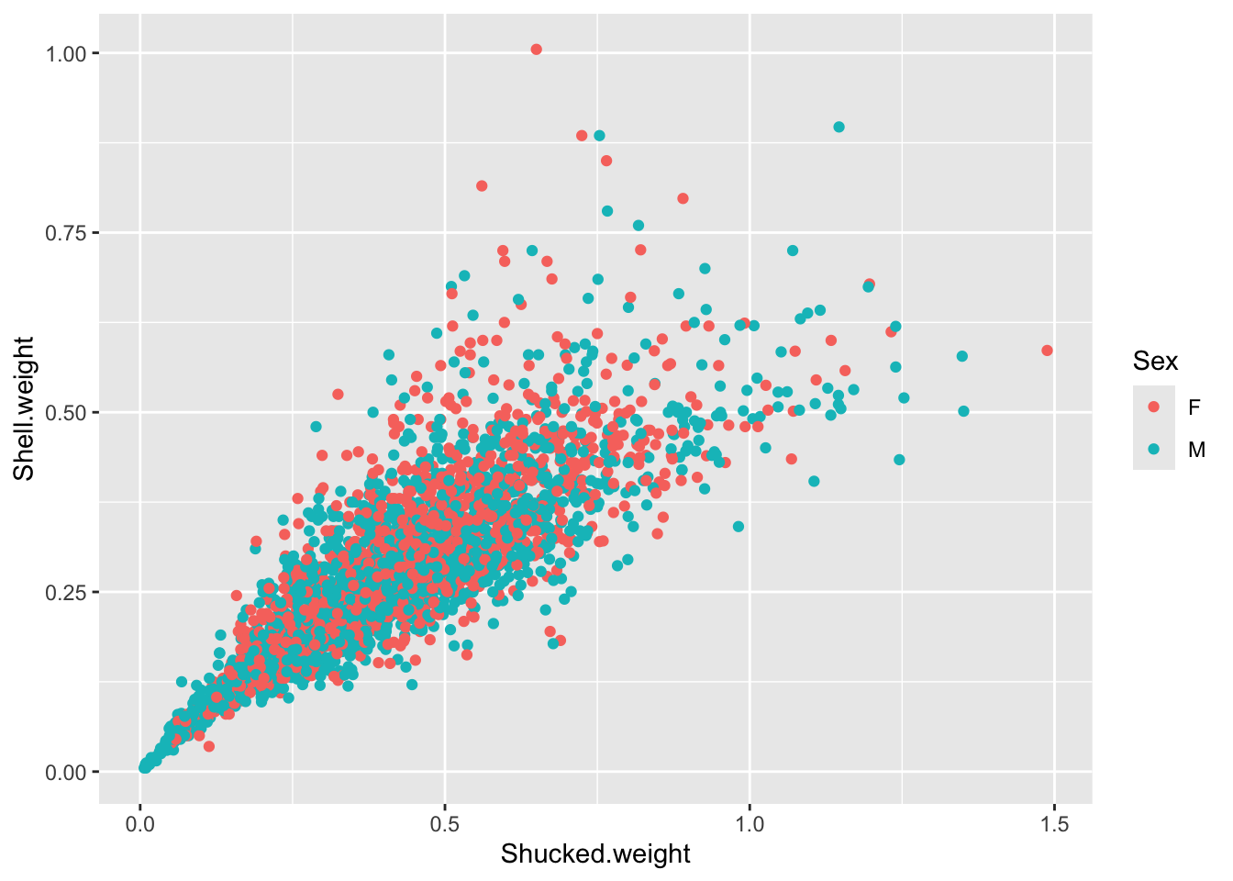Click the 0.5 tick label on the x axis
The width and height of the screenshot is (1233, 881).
click(x=445, y=824)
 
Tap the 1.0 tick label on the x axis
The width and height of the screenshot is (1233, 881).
click(x=750, y=824)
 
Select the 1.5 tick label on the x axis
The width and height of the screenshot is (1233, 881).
click(x=1055, y=824)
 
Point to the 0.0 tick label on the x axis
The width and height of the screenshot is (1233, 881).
click(x=140, y=824)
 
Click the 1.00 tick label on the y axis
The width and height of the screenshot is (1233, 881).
click(x=66, y=53)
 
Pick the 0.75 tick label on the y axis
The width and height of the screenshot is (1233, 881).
click(x=66, y=233)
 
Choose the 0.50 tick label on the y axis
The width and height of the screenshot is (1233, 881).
click(x=66, y=412)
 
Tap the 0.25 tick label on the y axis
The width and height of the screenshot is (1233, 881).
click(x=66, y=592)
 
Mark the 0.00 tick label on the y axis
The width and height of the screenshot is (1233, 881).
click(x=66, y=772)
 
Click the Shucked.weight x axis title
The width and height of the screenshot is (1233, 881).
click(x=595, y=854)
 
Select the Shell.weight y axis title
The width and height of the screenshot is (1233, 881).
click(x=24, y=408)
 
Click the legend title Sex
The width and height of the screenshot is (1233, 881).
click(x=1155, y=362)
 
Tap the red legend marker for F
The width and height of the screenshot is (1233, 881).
click(x=1154, y=407)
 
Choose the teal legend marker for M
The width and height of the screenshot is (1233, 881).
click(x=1154, y=450)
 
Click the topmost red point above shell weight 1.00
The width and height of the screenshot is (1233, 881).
click(x=537, y=50)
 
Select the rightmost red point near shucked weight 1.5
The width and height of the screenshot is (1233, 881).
click(x=1047, y=351)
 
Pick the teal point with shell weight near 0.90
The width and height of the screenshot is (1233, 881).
click(x=839, y=127)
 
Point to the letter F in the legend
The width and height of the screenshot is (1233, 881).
click(x=1194, y=407)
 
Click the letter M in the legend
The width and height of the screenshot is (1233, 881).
click(x=1196, y=450)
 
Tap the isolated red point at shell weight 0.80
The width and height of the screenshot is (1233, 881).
click(x=683, y=198)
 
